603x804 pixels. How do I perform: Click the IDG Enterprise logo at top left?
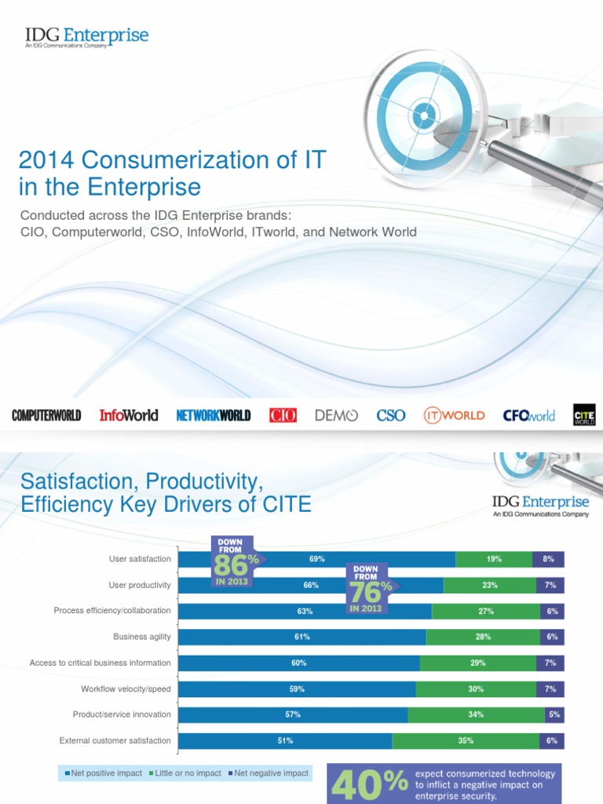click(x=86, y=37)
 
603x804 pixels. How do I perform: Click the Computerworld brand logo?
click(x=46, y=415)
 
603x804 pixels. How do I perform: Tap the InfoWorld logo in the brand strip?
click(x=129, y=415)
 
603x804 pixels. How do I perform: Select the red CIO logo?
click(x=283, y=415)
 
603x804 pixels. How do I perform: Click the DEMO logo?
click(x=336, y=415)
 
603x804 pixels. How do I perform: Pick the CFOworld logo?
click(x=528, y=415)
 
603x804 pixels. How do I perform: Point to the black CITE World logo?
click(x=584, y=415)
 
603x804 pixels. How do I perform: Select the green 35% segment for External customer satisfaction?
click(x=465, y=740)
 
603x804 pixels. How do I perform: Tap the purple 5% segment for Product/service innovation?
click(x=554, y=714)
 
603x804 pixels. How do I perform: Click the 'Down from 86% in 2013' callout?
click(x=236, y=561)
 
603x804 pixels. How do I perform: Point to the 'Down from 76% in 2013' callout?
click(x=371, y=588)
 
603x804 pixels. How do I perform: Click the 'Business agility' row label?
click(x=141, y=637)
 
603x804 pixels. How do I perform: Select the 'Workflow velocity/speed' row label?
click(x=126, y=689)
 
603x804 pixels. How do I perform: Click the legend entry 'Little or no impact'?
click(x=188, y=773)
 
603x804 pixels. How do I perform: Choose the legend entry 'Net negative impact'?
click(x=271, y=773)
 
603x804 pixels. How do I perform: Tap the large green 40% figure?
click(x=370, y=783)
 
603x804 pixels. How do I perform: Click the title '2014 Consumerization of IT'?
click(x=172, y=160)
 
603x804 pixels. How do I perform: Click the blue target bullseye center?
click(x=424, y=116)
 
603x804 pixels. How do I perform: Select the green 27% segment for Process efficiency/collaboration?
click(x=485, y=611)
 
